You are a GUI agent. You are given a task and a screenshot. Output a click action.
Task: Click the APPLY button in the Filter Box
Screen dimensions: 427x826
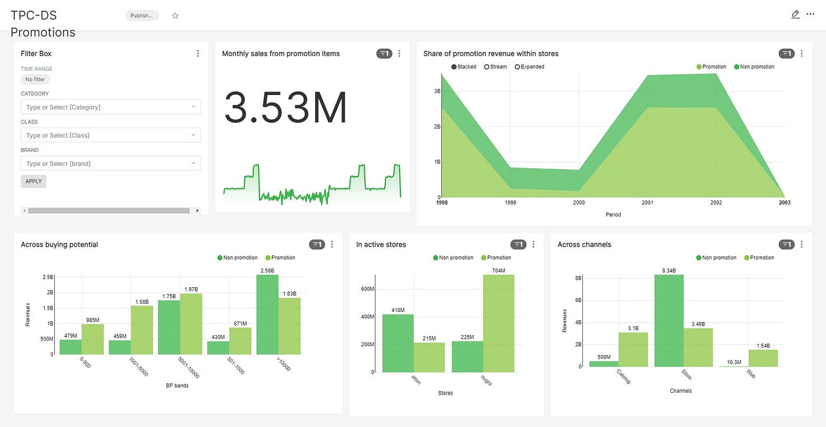(34, 181)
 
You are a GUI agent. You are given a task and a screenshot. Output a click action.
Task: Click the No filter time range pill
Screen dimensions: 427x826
(35, 79)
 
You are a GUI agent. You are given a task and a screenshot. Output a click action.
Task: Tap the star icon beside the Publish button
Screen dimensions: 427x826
(175, 16)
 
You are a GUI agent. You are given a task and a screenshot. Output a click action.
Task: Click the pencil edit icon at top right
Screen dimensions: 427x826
(795, 14)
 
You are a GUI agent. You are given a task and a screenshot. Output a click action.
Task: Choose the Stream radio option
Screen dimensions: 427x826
(496, 67)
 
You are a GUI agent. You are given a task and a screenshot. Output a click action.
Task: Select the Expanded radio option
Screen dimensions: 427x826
(529, 67)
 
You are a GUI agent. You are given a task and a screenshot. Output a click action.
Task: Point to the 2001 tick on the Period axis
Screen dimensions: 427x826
(647, 202)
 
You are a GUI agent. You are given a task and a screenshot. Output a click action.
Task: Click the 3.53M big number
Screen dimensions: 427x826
(286, 108)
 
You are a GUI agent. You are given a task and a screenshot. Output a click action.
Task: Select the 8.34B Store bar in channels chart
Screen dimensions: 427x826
(669, 320)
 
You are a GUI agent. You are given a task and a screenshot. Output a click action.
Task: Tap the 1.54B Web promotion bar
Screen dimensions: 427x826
(763, 358)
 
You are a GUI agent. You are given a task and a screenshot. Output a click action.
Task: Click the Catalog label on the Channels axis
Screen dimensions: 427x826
(624, 377)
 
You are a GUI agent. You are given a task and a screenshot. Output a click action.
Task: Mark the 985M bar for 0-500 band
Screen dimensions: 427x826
(93, 339)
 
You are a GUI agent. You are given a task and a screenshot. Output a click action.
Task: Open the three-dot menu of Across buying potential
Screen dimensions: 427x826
(332, 245)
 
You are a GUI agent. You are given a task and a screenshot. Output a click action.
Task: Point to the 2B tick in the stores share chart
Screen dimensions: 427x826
(437, 126)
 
